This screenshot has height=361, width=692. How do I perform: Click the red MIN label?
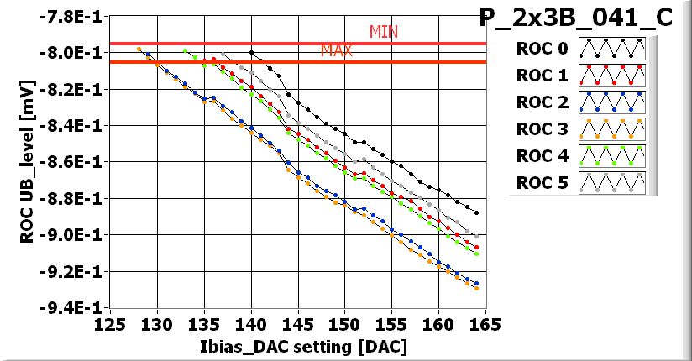[384, 32]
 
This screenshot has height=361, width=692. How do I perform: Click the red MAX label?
[336, 51]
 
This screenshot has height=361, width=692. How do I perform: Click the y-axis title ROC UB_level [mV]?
[27, 162]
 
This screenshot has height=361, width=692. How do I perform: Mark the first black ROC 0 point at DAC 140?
[252, 52]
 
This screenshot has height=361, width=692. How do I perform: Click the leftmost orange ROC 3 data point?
[139, 50]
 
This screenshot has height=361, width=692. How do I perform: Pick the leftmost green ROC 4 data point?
[186, 50]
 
